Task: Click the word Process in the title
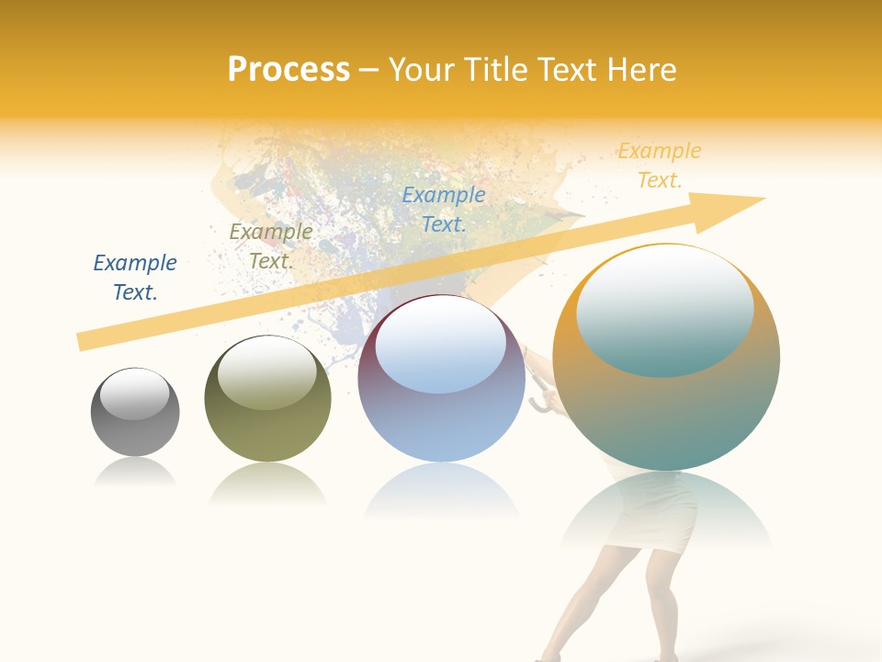pos(288,70)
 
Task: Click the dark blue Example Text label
pos(135,278)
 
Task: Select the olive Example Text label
pos(271,246)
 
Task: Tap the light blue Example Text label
pos(444,209)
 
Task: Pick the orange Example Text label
pos(660,165)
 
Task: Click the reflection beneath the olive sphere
pos(267,483)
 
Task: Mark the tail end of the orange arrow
pos(85,341)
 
